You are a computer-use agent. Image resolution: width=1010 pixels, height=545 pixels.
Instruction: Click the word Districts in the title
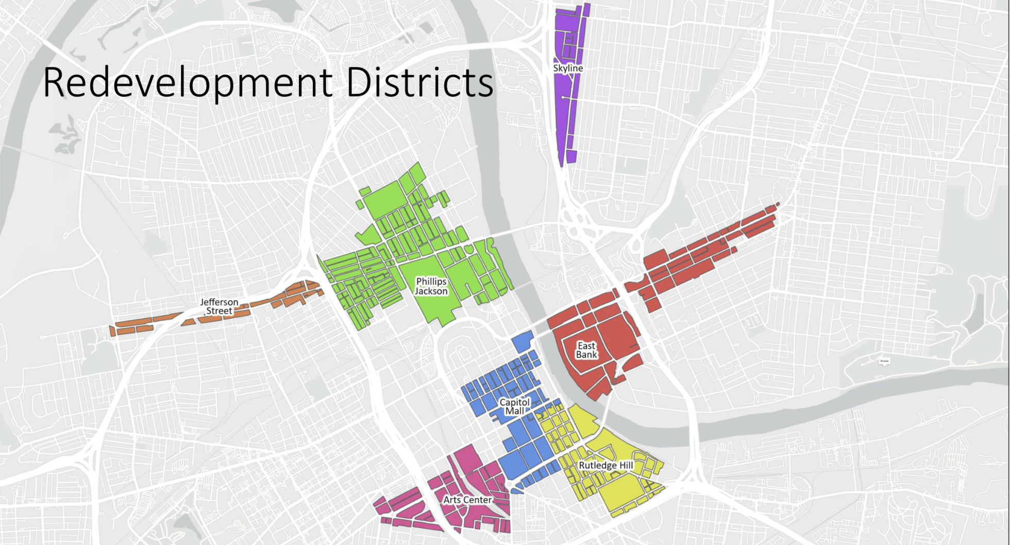(x=419, y=82)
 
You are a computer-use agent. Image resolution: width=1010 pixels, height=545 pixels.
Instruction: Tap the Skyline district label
(x=568, y=68)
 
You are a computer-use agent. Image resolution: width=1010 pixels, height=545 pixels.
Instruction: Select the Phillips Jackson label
(x=431, y=286)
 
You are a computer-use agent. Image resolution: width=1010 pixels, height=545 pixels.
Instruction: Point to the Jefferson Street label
(x=219, y=306)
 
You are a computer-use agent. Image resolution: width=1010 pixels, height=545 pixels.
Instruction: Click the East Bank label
(x=586, y=350)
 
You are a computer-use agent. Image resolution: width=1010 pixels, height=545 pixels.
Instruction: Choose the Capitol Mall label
(x=514, y=406)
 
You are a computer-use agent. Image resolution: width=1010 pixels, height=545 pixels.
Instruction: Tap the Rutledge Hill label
(x=605, y=466)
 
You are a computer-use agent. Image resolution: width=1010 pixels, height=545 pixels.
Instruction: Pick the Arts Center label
(x=467, y=500)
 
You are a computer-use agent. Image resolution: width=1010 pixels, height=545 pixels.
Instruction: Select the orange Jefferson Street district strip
(x=155, y=322)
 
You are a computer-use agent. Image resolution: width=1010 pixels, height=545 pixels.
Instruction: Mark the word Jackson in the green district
(x=431, y=292)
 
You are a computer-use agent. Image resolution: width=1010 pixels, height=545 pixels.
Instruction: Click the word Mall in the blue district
(x=514, y=411)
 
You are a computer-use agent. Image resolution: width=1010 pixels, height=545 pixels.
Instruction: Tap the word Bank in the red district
(x=586, y=355)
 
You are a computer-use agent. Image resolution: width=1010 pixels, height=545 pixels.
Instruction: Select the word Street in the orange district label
(x=219, y=311)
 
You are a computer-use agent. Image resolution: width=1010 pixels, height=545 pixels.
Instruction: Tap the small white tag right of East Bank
(x=884, y=361)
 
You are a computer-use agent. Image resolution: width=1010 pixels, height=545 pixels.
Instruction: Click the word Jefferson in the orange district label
(x=219, y=302)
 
